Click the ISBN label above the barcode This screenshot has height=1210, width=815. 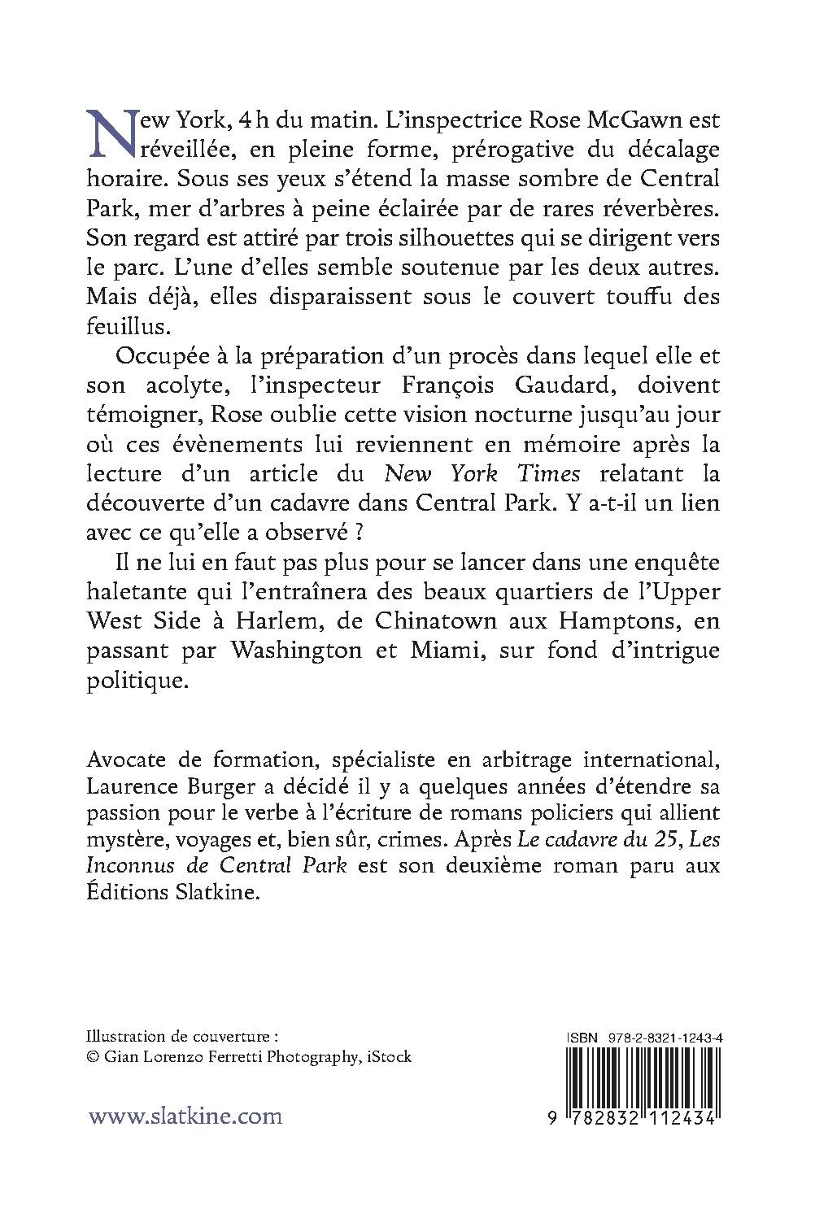pyautogui.click(x=580, y=1038)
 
